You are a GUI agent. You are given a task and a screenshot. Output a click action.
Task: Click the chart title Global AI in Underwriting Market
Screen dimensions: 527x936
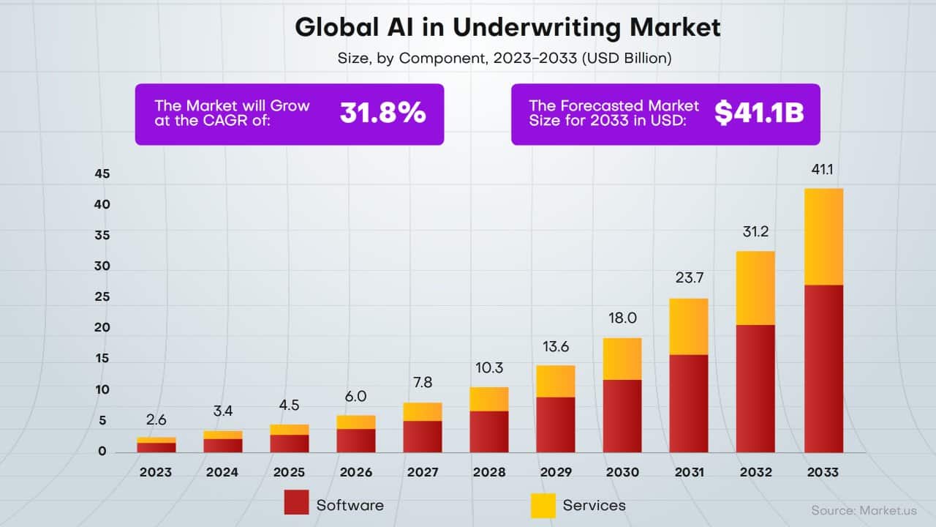pos(507,27)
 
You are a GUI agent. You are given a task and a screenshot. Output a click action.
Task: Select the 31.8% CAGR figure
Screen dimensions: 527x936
pos(382,113)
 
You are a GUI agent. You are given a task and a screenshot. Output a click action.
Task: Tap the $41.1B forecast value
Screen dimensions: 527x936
pos(759,113)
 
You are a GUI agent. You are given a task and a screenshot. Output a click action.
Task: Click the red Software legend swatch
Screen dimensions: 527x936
pos(296,504)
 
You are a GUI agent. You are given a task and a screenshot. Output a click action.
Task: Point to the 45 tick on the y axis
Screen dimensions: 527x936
pos(102,174)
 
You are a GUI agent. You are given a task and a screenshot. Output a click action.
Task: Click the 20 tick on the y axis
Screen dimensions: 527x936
pos(102,328)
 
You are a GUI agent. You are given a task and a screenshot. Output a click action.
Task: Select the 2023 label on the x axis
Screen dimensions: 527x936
pos(156,472)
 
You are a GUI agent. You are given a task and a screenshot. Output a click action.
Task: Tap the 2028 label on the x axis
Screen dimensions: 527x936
pos(488,472)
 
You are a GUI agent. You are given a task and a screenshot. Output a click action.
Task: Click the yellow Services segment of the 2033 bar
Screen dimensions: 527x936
pos(823,236)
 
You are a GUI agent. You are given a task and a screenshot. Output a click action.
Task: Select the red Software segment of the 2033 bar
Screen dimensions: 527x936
pos(823,368)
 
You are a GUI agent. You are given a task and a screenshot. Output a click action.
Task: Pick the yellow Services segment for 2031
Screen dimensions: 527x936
pos(689,326)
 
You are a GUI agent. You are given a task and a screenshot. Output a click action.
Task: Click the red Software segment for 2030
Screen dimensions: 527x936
pos(622,416)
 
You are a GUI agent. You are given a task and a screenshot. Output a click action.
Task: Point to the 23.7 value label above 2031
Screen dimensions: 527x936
pos(689,278)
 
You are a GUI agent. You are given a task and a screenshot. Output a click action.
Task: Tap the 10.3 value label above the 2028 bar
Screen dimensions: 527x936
pos(488,368)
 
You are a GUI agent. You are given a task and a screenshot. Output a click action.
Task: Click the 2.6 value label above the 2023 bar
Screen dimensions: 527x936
pos(156,419)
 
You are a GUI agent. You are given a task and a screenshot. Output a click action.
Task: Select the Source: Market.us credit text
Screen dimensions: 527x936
pos(864,509)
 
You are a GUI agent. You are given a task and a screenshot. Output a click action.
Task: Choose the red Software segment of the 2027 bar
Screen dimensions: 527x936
pos(422,436)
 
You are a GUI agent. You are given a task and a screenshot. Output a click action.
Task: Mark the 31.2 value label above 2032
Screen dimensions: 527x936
pos(756,232)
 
